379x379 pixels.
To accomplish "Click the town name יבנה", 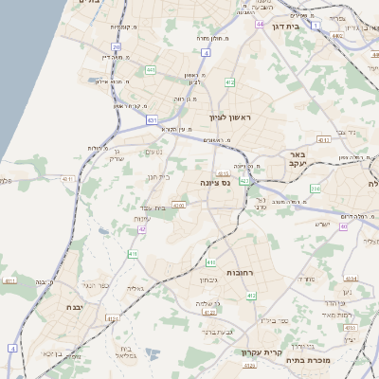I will coord(51,308).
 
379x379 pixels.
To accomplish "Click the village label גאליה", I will coord(135,288).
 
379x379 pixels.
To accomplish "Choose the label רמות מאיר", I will coord(335,315).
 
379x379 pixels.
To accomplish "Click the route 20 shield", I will coord(116,46).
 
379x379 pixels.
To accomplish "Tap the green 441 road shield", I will coord(152,69).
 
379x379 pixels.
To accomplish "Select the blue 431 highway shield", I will coord(152,120).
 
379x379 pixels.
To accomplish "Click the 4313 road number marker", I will coord(324,140).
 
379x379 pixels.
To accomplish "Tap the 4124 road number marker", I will coord(114,319).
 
